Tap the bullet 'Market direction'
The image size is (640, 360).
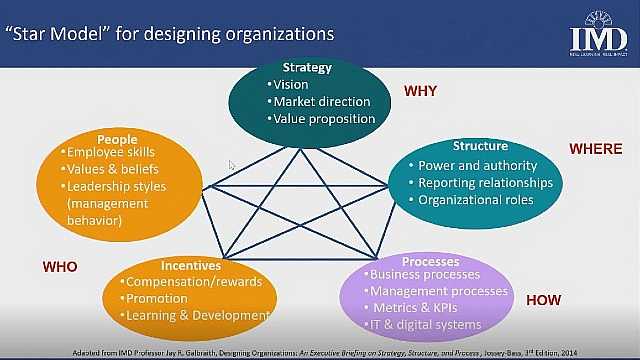[x=322, y=101]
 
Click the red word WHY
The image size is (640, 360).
[x=420, y=91]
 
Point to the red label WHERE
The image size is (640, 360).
[x=595, y=149]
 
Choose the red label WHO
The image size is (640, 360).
[x=60, y=267]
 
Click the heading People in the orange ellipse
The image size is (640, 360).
[x=117, y=139]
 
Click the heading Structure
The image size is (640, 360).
[x=480, y=146]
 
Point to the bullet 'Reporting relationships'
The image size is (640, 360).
[x=485, y=183]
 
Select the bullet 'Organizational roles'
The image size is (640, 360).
[x=475, y=200]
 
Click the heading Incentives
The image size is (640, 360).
[x=191, y=266]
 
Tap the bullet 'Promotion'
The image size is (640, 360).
[x=158, y=299]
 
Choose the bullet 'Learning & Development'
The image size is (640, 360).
[x=196, y=316]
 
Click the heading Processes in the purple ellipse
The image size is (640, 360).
[x=430, y=262]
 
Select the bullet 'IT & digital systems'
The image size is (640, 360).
[x=426, y=325]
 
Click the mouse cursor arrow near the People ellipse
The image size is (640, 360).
[x=232, y=165]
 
